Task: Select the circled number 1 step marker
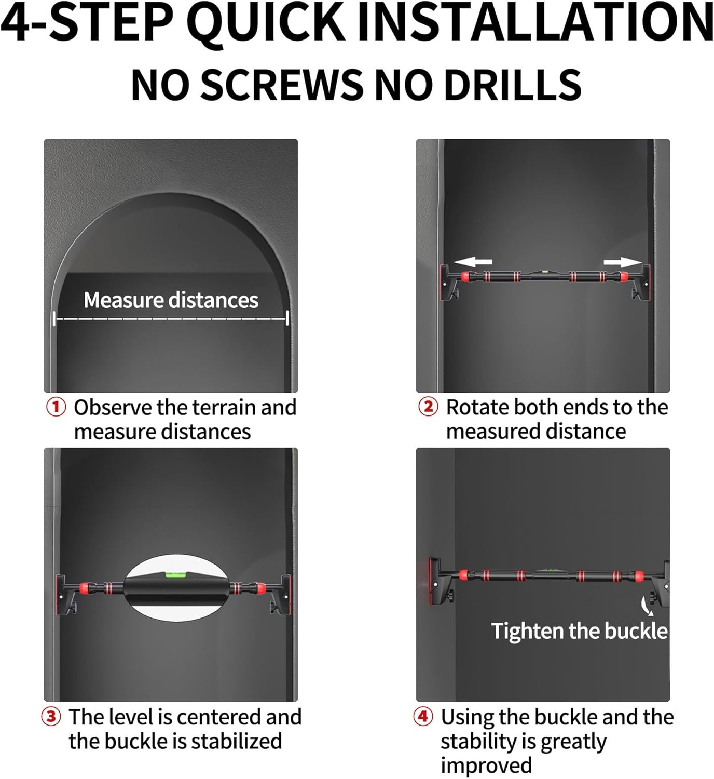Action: pos(56,407)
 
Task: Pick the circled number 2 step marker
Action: pos(428,407)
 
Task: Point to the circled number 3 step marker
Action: pos(51,717)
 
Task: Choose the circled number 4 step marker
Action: pos(423,716)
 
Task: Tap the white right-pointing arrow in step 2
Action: pos(623,262)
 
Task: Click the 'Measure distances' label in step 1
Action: pos(171,300)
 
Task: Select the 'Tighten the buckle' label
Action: pos(580,630)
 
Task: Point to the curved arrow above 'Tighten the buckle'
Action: pos(646,606)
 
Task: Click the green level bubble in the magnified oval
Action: pos(175,574)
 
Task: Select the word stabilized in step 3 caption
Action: pos(236,741)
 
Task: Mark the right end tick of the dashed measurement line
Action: pos(287,318)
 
